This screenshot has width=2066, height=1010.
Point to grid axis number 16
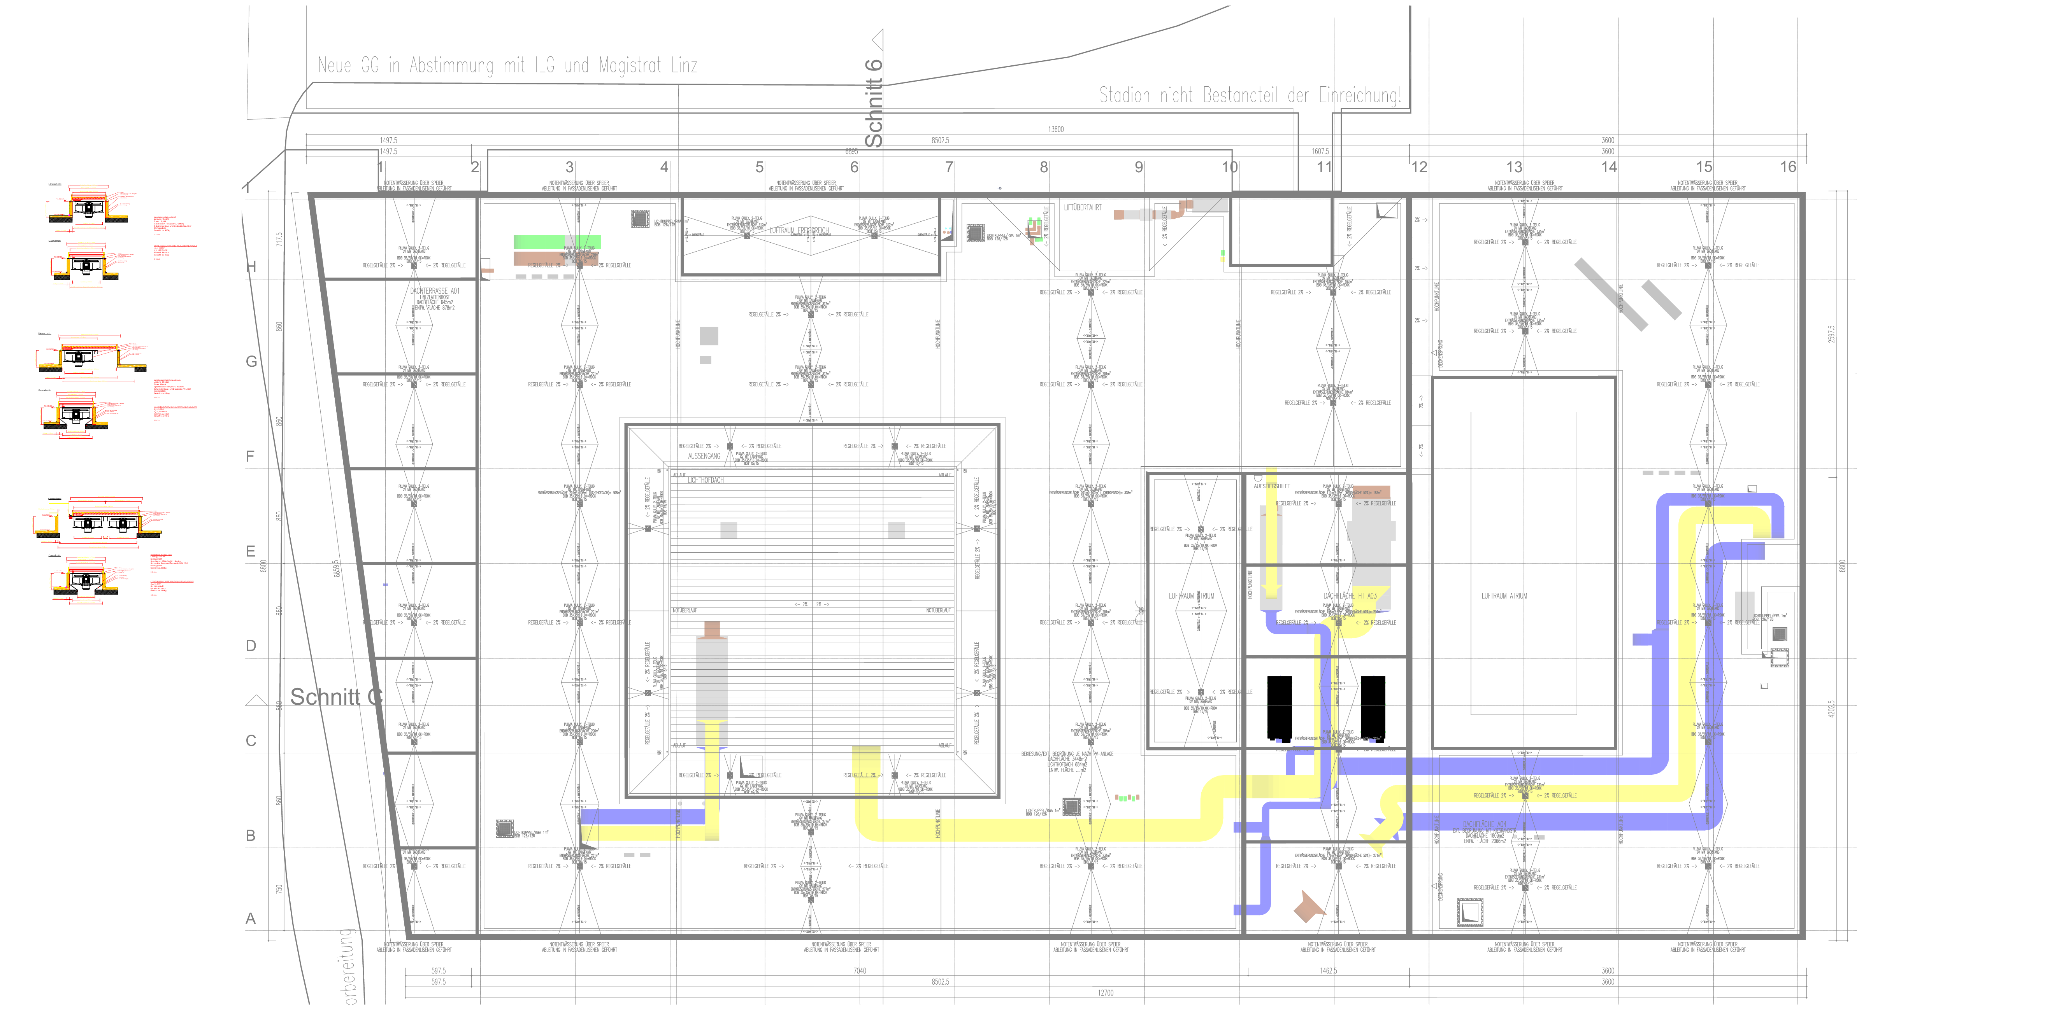click(x=1788, y=167)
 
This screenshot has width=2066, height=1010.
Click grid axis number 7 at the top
click(x=949, y=167)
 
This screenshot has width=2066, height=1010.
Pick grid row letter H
click(x=251, y=267)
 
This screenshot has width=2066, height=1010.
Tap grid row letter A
click(x=251, y=919)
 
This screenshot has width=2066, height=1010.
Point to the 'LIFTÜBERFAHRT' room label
click(x=1082, y=208)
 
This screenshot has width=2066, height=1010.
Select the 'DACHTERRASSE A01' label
click(x=434, y=291)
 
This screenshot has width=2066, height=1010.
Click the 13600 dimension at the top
click(x=1055, y=129)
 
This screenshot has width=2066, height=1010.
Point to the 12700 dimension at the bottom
click(x=1105, y=992)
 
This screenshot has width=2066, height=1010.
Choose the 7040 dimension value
click(x=859, y=971)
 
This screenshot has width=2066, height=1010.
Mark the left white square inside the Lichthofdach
click(x=728, y=530)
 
